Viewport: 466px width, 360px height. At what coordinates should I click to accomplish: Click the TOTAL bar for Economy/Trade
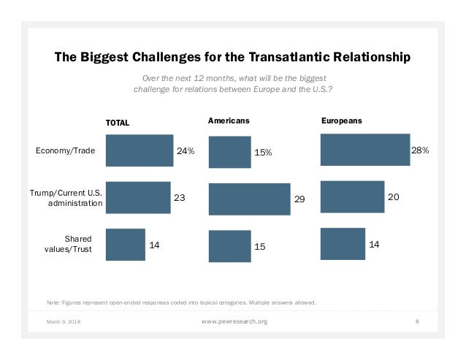[139, 150]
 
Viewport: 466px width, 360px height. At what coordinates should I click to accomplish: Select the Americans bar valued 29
[249, 199]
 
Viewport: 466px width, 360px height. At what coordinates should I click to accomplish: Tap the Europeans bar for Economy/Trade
[365, 150]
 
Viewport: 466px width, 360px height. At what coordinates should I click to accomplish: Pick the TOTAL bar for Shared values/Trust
[125, 245]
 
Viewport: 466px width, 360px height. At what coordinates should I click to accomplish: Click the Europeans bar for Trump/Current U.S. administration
[352, 197]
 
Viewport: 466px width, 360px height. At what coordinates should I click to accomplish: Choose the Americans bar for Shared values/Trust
[229, 246]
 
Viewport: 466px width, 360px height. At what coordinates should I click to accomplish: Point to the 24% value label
[186, 151]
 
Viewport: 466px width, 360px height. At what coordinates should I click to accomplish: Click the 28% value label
[420, 150]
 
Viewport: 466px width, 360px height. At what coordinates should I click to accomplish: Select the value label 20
[393, 197]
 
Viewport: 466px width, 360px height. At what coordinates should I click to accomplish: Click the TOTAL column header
[118, 123]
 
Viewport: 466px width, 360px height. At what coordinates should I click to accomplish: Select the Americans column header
[229, 120]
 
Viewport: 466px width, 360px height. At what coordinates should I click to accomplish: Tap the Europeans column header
[342, 120]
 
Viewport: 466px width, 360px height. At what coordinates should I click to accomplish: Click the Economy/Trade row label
[65, 151]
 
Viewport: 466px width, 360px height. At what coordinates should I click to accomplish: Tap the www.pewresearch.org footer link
[233, 321]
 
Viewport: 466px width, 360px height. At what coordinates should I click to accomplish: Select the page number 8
[416, 321]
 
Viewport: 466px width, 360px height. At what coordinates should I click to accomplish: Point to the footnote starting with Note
[180, 302]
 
